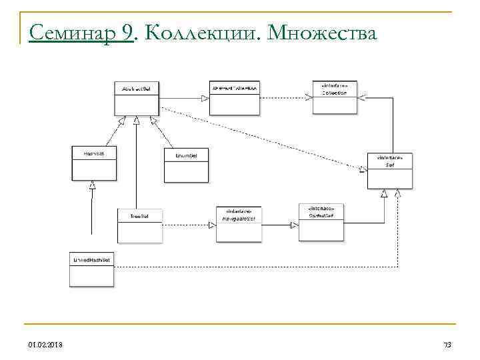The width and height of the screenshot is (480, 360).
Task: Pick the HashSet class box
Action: tap(94, 163)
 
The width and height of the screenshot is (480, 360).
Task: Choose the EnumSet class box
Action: tap(185, 165)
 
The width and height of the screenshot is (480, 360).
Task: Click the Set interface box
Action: tap(390, 171)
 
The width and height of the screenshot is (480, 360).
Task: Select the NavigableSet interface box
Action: tap(239, 223)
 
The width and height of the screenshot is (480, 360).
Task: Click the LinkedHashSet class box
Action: tap(93, 269)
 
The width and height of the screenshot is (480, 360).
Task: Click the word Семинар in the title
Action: tap(65, 31)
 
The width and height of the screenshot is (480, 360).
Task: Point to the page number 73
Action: tap(447, 344)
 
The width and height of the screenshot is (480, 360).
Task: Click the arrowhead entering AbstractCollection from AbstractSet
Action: tap(205, 98)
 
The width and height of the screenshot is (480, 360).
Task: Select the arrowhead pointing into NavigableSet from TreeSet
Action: tap(213, 225)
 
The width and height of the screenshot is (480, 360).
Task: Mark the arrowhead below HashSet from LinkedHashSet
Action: tap(93, 185)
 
